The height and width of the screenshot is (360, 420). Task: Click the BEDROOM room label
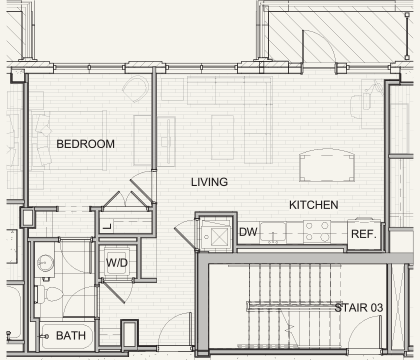(x=85, y=144)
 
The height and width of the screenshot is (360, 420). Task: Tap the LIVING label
(x=209, y=182)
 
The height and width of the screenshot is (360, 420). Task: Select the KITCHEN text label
(x=313, y=205)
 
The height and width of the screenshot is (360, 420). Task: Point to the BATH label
(x=71, y=335)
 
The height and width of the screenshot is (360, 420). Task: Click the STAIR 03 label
(x=359, y=307)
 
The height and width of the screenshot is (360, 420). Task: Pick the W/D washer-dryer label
(x=117, y=263)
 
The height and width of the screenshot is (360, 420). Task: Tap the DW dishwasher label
(x=248, y=232)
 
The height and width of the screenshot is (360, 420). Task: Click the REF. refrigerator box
(x=364, y=234)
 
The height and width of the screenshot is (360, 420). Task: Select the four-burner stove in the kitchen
(x=317, y=231)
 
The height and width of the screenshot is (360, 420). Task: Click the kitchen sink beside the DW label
(x=273, y=232)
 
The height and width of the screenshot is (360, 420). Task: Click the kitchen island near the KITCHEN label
(x=327, y=165)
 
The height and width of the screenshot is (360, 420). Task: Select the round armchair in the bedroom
(x=136, y=89)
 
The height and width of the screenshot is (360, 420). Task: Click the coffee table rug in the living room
(x=222, y=137)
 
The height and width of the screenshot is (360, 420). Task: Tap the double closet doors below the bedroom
(x=127, y=201)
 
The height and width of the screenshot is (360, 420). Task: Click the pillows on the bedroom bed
(x=42, y=139)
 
